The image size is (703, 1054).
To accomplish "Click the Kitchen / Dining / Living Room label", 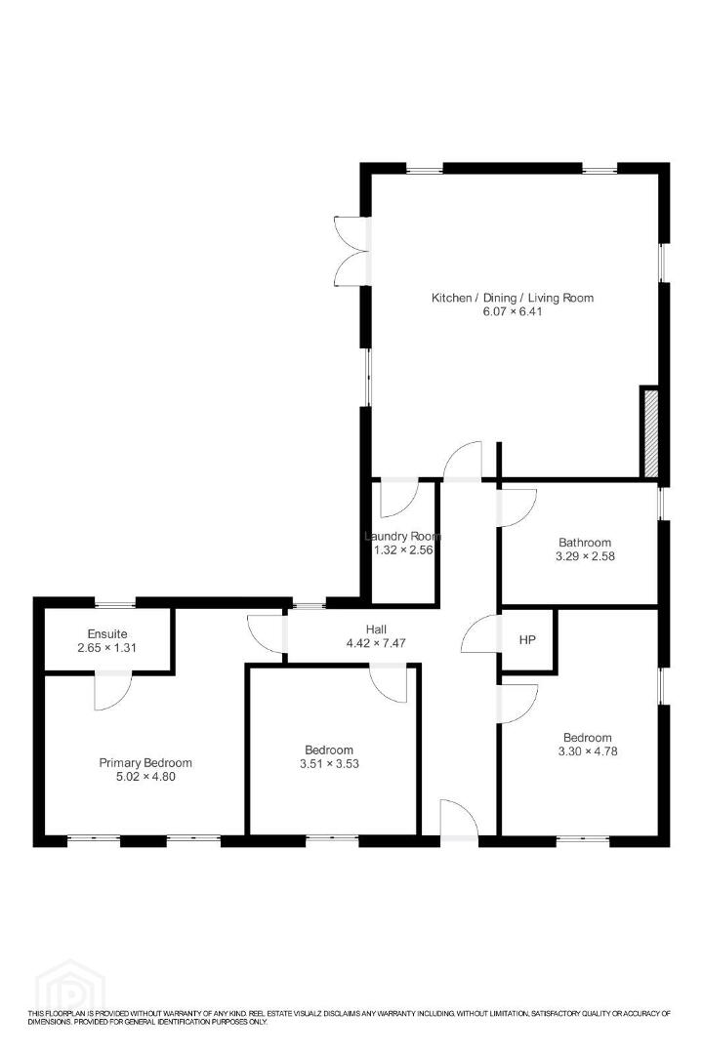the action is coord(512,298).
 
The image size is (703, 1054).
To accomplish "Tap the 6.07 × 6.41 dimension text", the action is coord(513,312).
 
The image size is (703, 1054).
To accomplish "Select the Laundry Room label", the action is coord(402,537).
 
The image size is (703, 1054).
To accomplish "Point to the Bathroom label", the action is coord(585,543).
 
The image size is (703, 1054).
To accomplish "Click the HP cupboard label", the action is coord(527,640).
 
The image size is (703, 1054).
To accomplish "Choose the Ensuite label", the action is coord(107,634).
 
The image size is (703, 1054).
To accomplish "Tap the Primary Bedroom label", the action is coord(145,763).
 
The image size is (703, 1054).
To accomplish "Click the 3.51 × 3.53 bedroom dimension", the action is coord(329,763).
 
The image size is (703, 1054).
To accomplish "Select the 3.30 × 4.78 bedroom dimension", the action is coord(587,750).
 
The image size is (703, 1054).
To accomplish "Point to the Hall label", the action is coord(376,629).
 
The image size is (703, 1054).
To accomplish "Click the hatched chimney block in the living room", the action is coord(650,433).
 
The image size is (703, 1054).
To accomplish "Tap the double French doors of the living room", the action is coord(351,252).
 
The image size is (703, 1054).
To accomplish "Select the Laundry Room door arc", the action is coord(399,498).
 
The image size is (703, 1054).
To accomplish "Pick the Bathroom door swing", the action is coord(517,508).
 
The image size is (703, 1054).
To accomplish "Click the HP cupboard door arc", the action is coord(481,634).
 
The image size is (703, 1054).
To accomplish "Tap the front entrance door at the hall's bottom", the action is coord(460,820).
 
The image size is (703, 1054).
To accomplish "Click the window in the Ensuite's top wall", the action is coord(114,602).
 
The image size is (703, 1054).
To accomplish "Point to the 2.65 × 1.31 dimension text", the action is coord(107,648).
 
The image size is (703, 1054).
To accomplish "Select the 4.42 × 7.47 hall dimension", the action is coord(376,643).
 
